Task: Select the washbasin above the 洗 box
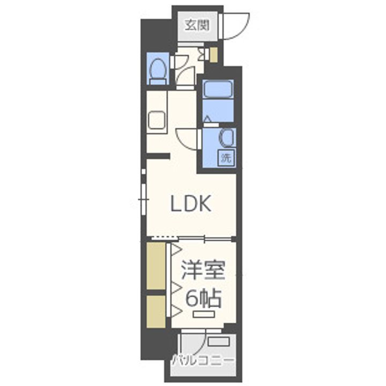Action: (x=226, y=138)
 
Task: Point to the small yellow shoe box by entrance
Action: (x=213, y=54)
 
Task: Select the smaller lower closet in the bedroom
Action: (x=156, y=311)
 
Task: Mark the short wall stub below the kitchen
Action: (x=159, y=156)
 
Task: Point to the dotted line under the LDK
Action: (x=163, y=237)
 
